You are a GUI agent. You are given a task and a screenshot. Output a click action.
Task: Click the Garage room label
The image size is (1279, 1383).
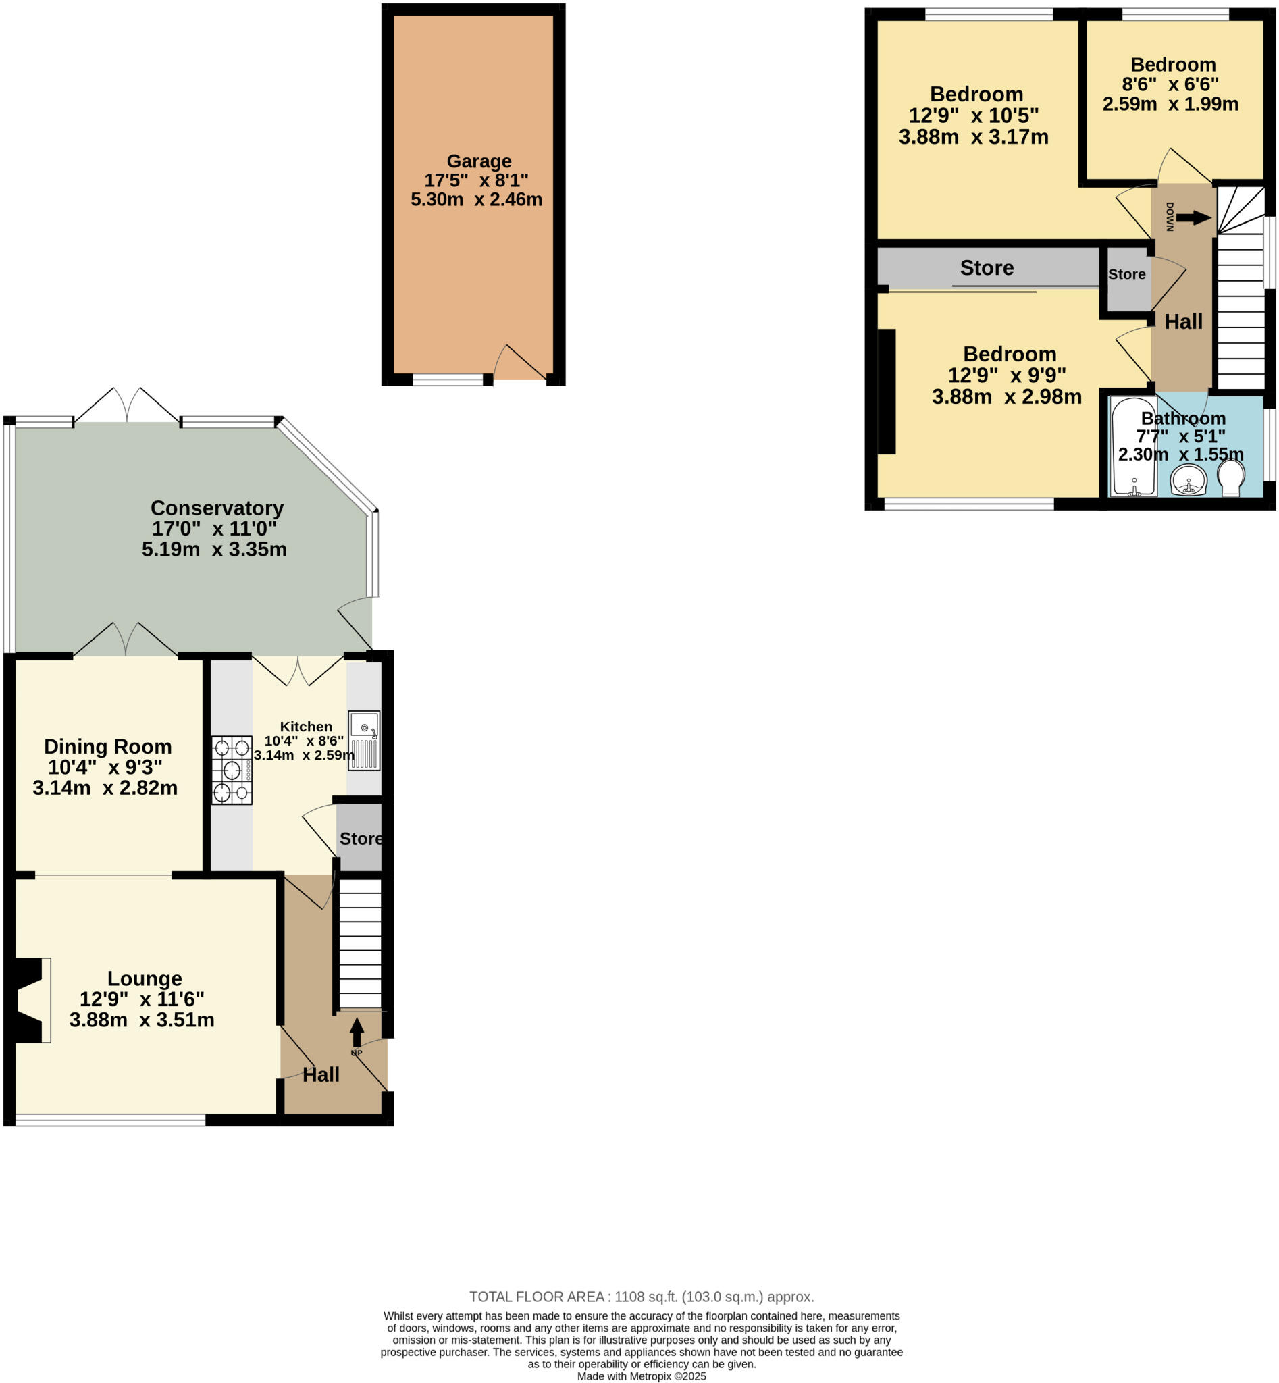click(x=479, y=161)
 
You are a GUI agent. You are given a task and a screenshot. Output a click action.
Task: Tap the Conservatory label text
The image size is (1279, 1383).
click(x=217, y=508)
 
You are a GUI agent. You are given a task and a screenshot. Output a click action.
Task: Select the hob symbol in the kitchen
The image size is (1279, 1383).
click(x=232, y=770)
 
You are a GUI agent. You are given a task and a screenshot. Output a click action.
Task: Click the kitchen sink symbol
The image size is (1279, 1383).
click(x=364, y=740)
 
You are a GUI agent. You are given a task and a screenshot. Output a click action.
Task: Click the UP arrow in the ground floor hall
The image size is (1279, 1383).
click(x=357, y=1032)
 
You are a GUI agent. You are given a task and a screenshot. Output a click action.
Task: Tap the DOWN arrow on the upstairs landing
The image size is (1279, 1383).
click(x=1194, y=218)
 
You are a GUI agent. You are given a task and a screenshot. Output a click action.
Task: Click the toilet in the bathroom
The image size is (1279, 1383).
click(x=1230, y=477)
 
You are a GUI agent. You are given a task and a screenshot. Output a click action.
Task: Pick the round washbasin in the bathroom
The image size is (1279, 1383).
click(x=1189, y=479)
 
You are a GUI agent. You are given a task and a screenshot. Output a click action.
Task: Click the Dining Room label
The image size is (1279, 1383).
click(x=108, y=746)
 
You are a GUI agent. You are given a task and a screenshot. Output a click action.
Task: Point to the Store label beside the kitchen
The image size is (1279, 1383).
click(x=361, y=838)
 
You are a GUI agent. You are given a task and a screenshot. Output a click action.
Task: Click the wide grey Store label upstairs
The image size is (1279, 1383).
click(x=986, y=268)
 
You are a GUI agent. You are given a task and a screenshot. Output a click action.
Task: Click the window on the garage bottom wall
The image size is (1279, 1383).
click(x=448, y=380)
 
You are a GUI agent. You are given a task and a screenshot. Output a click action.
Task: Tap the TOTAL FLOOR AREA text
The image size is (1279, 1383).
click(x=641, y=1297)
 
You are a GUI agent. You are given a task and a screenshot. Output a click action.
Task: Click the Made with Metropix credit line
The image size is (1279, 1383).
click(x=641, y=1376)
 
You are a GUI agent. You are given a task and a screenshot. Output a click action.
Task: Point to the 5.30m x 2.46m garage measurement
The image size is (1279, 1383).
click(x=476, y=199)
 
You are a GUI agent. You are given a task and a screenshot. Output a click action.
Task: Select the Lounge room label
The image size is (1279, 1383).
click(x=145, y=978)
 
